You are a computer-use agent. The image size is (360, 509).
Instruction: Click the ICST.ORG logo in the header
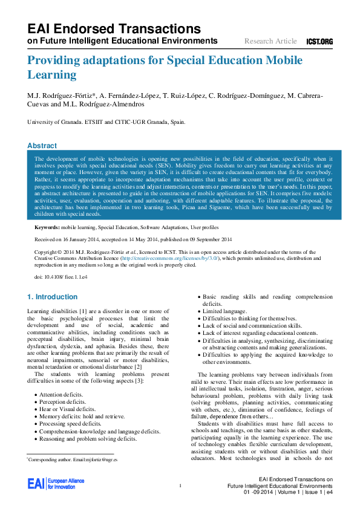[x=319, y=41]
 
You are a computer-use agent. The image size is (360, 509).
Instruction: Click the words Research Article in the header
[x=270, y=41]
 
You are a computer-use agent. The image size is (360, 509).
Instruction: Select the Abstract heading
[x=42, y=146]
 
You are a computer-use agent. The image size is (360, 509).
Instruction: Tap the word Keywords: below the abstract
[x=47, y=227]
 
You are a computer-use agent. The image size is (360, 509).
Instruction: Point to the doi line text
[x=53, y=276]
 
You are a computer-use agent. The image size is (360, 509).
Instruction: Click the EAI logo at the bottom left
[x=56, y=484]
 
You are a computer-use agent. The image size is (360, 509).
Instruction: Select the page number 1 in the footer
[x=180, y=485]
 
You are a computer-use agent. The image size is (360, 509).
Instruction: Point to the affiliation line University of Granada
[x=106, y=122]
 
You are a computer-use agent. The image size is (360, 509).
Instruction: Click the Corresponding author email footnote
[x=73, y=460]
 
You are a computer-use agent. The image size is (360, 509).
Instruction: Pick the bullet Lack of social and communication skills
[x=251, y=325]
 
